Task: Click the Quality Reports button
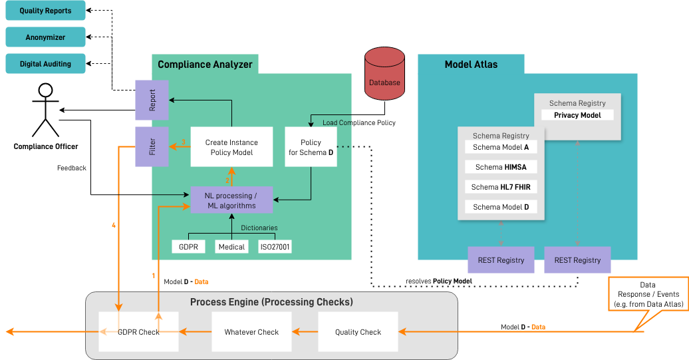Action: click(x=45, y=11)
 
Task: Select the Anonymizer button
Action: click(x=45, y=37)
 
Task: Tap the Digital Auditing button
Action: click(x=45, y=64)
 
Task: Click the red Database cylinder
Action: click(x=384, y=74)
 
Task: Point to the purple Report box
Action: click(x=152, y=100)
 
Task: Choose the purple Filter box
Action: click(x=152, y=146)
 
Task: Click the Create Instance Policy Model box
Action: click(x=231, y=147)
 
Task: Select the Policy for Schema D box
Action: click(x=311, y=147)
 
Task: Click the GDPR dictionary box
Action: click(x=188, y=247)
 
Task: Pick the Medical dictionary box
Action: click(x=231, y=247)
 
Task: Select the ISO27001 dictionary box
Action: click(x=275, y=247)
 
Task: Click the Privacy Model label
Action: click(x=577, y=115)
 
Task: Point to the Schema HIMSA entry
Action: click(x=501, y=167)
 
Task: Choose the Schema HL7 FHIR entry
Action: click(x=501, y=187)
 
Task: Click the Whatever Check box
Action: click(x=251, y=332)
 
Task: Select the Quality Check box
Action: click(x=358, y=332)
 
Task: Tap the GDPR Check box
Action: click(x=138, y=332)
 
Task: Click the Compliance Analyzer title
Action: click(x=205, y=65)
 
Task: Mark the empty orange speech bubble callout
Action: click(x=648, y=293)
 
